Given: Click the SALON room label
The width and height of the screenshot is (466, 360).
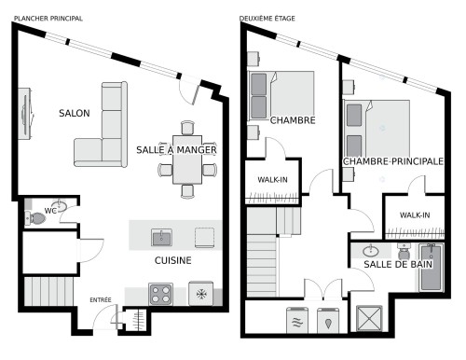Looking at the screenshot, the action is point(75,113).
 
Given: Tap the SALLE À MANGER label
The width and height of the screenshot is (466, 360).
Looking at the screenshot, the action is point(176,150).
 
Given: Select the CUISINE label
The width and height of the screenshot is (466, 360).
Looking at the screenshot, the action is point(173,260).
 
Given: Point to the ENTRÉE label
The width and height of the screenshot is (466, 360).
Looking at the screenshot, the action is point(101,300).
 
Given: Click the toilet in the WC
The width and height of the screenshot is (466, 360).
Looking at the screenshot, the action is point(34,218).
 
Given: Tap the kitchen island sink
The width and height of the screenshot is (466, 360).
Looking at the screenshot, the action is point(161,237).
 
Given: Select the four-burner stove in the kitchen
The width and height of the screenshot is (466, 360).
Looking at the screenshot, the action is point(160,294).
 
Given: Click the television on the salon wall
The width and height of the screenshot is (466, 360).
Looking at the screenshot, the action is point(26,114).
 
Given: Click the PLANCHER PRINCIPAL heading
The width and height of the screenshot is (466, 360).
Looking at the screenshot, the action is point(48,19).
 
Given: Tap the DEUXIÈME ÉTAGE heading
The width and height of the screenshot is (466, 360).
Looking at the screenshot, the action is point(267,19).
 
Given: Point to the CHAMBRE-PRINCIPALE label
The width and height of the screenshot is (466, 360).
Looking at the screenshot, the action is point(393,161).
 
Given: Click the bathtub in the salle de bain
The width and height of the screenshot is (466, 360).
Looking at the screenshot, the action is point(431,268).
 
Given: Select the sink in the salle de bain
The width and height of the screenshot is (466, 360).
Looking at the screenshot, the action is point(371,250).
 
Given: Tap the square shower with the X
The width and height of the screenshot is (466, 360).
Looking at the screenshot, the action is point(369,318).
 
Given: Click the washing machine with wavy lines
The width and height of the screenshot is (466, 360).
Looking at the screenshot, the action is point(297,320).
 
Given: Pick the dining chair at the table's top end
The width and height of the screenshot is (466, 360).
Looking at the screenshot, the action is point(187,128).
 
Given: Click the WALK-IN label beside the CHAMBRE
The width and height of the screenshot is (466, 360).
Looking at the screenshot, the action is point(272,180).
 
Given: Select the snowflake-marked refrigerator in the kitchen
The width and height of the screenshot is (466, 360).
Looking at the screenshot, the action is point(201,294).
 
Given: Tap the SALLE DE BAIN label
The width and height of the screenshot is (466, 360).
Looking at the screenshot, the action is point(398,264).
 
